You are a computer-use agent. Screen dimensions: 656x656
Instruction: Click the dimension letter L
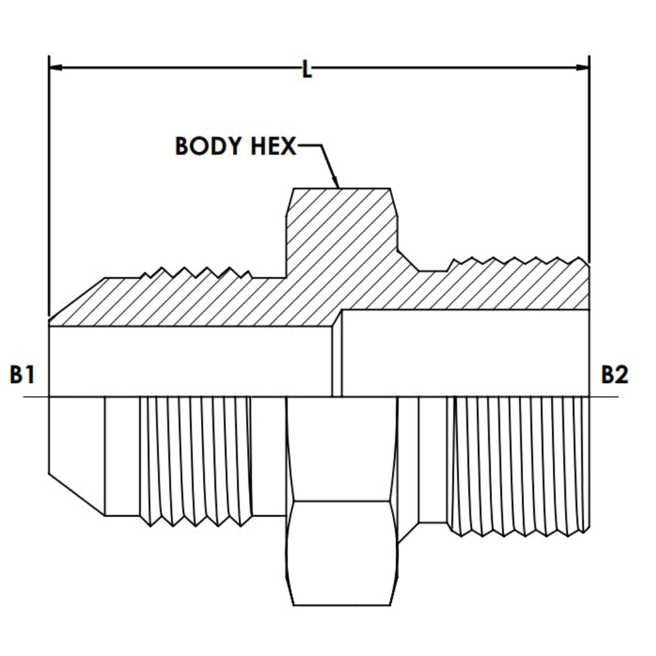point(307,69)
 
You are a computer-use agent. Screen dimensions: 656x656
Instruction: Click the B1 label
point(22,374)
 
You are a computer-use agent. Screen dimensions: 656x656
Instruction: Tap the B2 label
point(614,374)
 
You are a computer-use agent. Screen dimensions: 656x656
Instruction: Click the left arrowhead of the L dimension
point(56,67)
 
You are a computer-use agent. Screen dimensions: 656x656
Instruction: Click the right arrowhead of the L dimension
point(582,67)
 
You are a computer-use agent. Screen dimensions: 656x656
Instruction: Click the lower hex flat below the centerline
point(342,553)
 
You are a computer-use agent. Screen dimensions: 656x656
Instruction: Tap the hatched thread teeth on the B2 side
point(518,263)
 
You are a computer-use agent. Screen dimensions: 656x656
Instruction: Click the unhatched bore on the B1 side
point(191,361)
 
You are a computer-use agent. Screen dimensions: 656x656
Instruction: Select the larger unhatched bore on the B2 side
point(465,353)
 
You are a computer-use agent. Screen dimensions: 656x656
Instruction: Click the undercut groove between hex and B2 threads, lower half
point(432,460)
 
